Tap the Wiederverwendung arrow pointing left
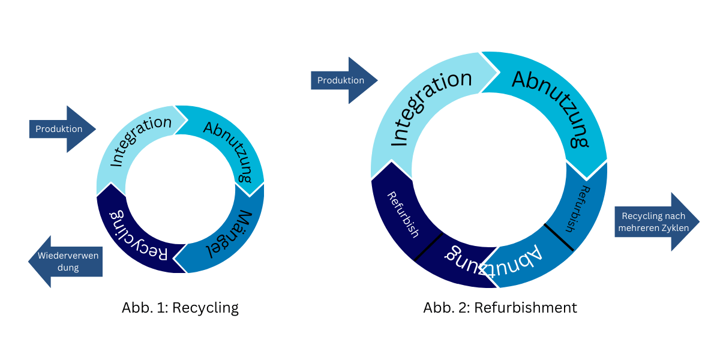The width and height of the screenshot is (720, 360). [67, 262]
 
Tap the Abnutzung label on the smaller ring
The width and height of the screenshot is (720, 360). [229, 150]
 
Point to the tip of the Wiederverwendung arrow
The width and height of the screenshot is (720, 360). [30, 262]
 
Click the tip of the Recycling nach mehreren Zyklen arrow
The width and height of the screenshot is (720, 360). [698, 222]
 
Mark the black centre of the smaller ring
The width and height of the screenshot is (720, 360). [180, 189]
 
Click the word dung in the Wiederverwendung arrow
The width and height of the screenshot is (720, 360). [68, 268]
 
